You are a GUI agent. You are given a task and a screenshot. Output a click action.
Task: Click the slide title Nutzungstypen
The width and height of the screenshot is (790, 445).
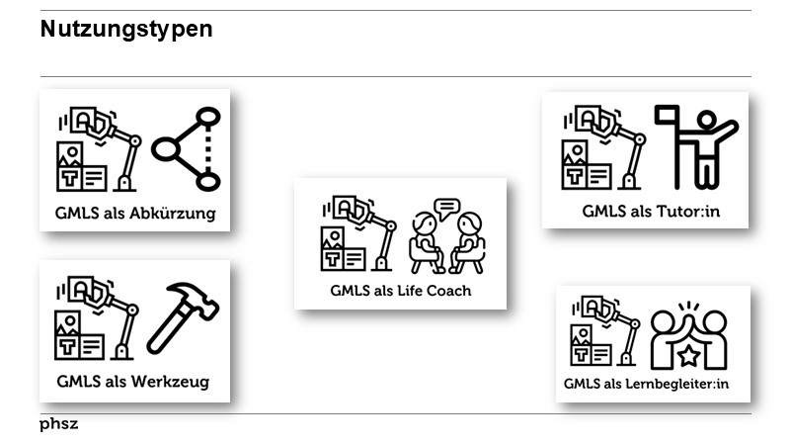[126, 30]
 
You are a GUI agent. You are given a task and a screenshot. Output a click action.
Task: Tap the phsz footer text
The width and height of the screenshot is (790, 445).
[58, 424]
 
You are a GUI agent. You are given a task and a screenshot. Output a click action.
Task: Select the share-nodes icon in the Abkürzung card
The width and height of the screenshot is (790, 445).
[186, 149]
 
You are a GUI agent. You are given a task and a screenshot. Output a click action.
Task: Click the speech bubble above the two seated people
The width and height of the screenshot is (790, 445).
[447, 208]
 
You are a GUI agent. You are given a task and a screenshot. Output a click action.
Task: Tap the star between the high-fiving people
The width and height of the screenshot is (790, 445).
[687, 352]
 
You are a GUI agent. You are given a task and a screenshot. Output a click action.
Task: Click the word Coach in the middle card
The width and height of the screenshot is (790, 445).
[450, 291]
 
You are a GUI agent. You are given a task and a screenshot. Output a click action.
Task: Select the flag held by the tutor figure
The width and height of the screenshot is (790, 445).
[668, 118]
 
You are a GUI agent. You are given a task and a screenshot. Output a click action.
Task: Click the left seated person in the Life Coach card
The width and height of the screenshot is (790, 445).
[426, 242]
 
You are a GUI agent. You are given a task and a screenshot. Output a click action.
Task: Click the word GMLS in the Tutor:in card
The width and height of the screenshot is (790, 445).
[601, 211]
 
